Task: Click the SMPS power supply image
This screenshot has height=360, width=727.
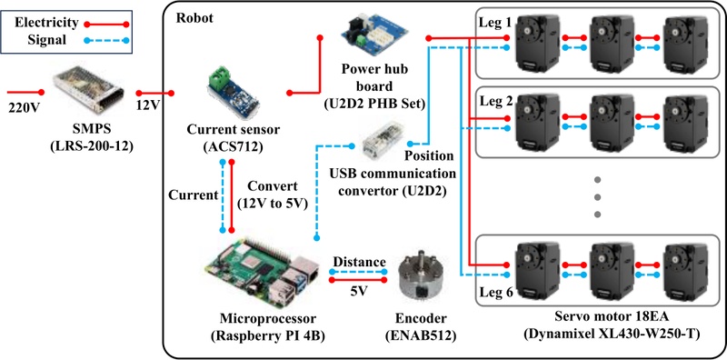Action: [x=88, y=91]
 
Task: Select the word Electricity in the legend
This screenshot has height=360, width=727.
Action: [x=46, y=22]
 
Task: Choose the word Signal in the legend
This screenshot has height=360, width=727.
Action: [x=46, y=40]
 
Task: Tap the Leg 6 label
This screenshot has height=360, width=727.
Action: [x=495, y=294]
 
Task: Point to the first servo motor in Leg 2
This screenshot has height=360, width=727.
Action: [x=537, y=123]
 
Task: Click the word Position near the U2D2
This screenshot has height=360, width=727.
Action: [x=430, y=155]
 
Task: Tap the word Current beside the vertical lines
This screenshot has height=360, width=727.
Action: [x=194, y=195]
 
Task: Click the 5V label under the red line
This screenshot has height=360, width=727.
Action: [x=358, y=292]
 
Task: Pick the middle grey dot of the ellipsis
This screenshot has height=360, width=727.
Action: [x=597, y=196]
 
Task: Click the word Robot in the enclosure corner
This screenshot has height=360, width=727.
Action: [x=194, y=18]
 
